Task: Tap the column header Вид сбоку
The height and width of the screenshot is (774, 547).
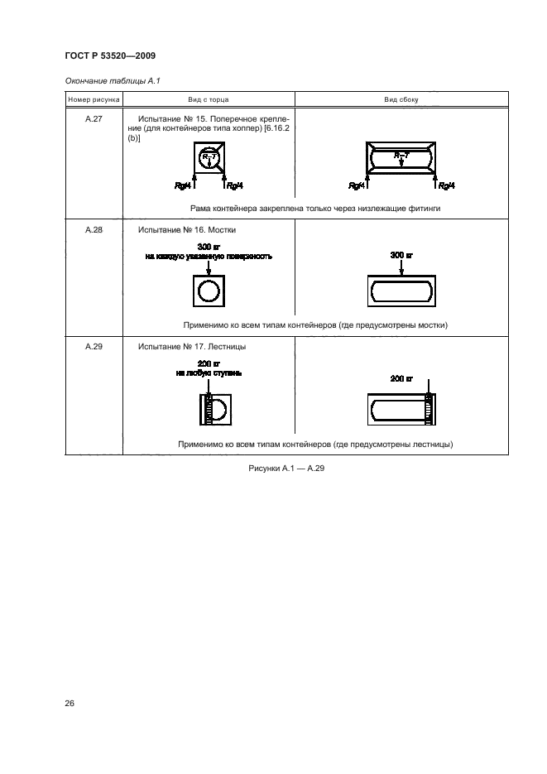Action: (x=401, y=99)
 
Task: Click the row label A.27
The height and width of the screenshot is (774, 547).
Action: (x=94, y=118)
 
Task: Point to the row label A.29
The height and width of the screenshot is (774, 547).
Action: (x=94, y=346)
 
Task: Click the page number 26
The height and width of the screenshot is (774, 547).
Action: (x=70, y=704)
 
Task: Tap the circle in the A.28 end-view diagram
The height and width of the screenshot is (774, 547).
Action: (x=209, y=291)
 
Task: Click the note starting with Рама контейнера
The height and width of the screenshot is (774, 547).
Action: (x=314, y=209)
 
